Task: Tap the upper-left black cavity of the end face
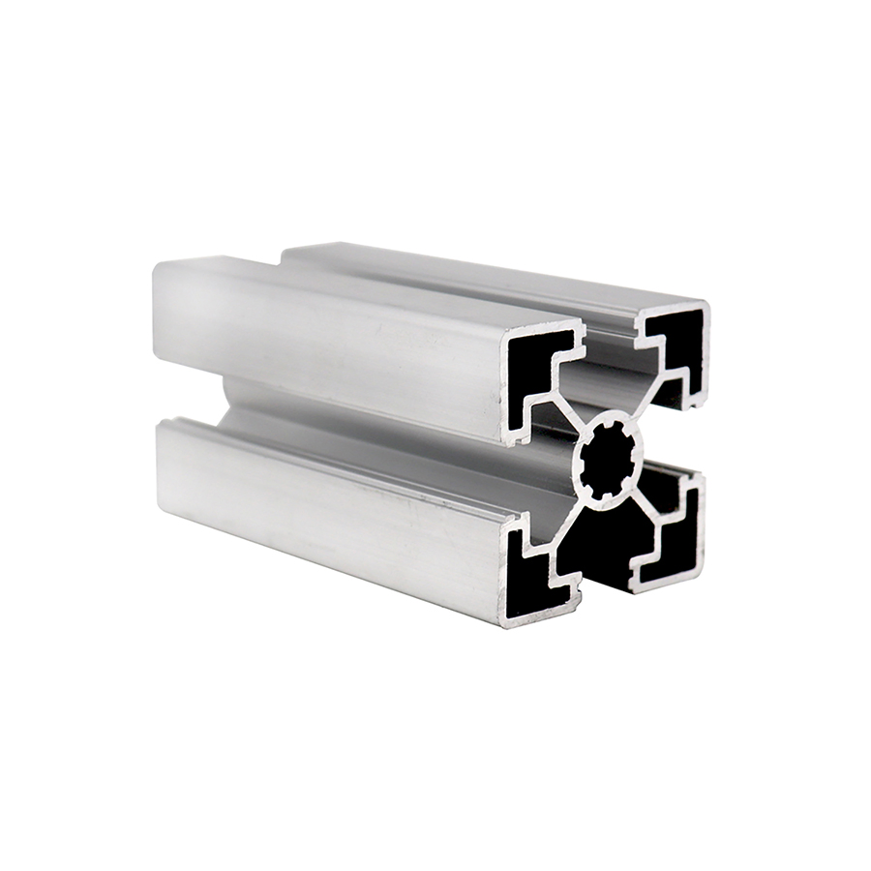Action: point(530,353)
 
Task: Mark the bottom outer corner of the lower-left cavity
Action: point(507,619)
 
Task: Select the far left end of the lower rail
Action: point(161,465)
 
